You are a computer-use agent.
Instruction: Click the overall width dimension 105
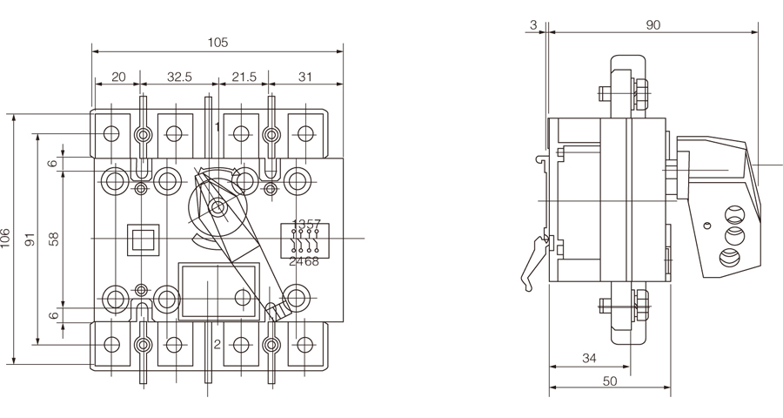tap(218, 42)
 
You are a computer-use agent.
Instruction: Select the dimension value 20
tap(119, 77)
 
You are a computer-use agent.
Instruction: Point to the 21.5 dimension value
tap(244, 77)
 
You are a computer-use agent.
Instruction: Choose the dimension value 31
tap(305, 77)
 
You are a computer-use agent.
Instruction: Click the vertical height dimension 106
tap(7, 239)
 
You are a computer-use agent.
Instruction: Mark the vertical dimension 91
tap(29, 239)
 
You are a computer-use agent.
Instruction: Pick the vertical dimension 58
tap(52, 239)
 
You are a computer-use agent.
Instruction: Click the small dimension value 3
tap(532, 25)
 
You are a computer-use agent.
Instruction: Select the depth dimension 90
tap(653, 25)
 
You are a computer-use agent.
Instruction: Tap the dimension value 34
tap(589, 358)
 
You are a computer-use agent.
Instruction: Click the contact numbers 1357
tap(306, 225)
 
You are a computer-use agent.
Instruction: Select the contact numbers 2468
tap(304, 260)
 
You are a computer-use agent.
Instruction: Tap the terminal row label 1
tap(217, 127)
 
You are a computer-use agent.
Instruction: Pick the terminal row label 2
tap(217, 344)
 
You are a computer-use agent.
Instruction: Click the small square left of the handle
tap(142, 239)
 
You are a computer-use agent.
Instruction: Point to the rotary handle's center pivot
tap(215, 207)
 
